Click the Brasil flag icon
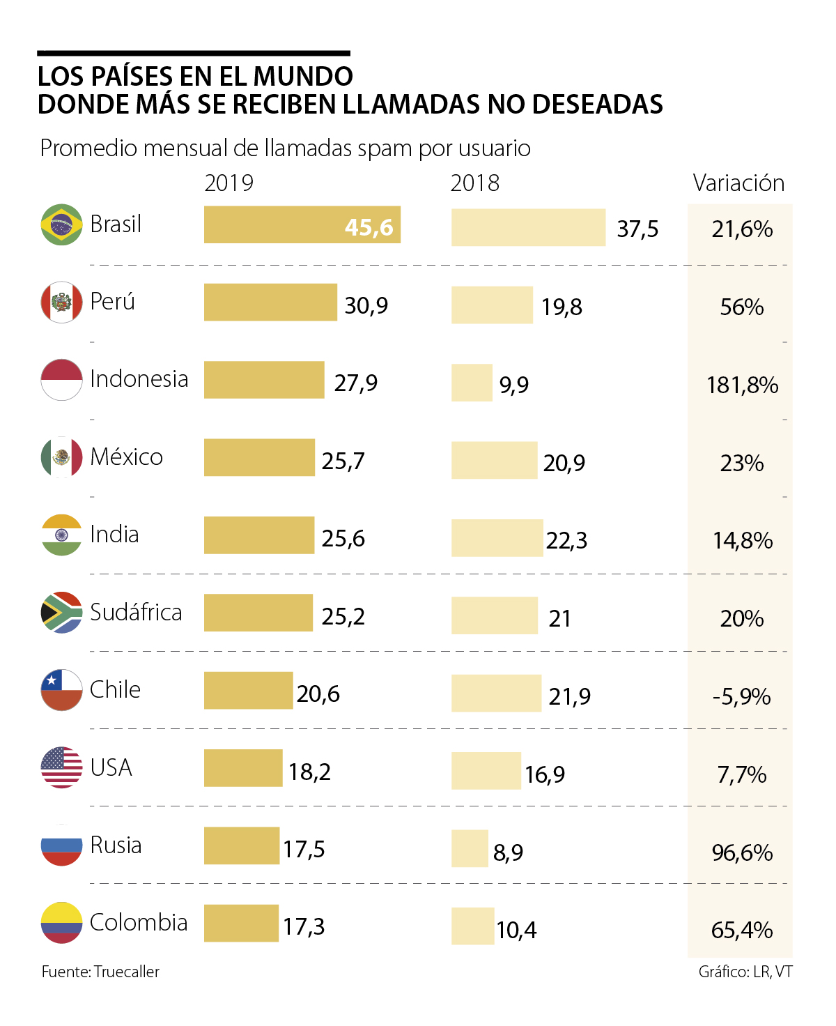[x=61, y=224]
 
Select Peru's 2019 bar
[x=270, y=302]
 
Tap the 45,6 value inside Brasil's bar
[x=369, y=227]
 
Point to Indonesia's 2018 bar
[x=472, y=383]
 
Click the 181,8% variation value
[x=742, y=385]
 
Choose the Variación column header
[x=738, y=183]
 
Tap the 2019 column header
[x=229, y=183]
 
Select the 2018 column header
[x=474, y=183]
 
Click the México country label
[x=126, y=457]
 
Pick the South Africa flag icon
[x=61, y=612]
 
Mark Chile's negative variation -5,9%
[x=741, y=696]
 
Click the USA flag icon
[x=61, y=767]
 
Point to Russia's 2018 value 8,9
[x=508, y=852]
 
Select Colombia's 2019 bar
[x=241, y=923]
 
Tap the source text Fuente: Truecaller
[x=100, y=972]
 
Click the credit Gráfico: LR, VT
[x=745, y=972]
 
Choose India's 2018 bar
[x=497, y=537]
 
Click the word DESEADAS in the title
[x=598, y=105]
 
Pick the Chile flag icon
[x=61, y=690]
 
